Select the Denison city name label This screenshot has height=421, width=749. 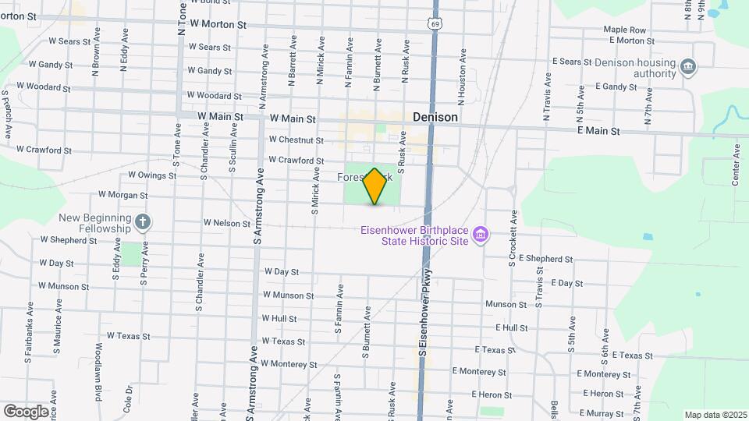point(435,118)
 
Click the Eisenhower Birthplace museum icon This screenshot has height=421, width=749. point(481,234)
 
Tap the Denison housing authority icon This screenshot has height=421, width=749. point(688,67)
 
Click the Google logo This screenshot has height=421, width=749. point(26,411)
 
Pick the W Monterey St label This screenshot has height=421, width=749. point(289,364)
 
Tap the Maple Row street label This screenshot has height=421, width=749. point(624,30)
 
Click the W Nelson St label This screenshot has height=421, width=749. point(226,223)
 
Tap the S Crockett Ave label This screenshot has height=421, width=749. point(513,237)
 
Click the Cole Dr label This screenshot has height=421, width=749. point(126,402)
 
